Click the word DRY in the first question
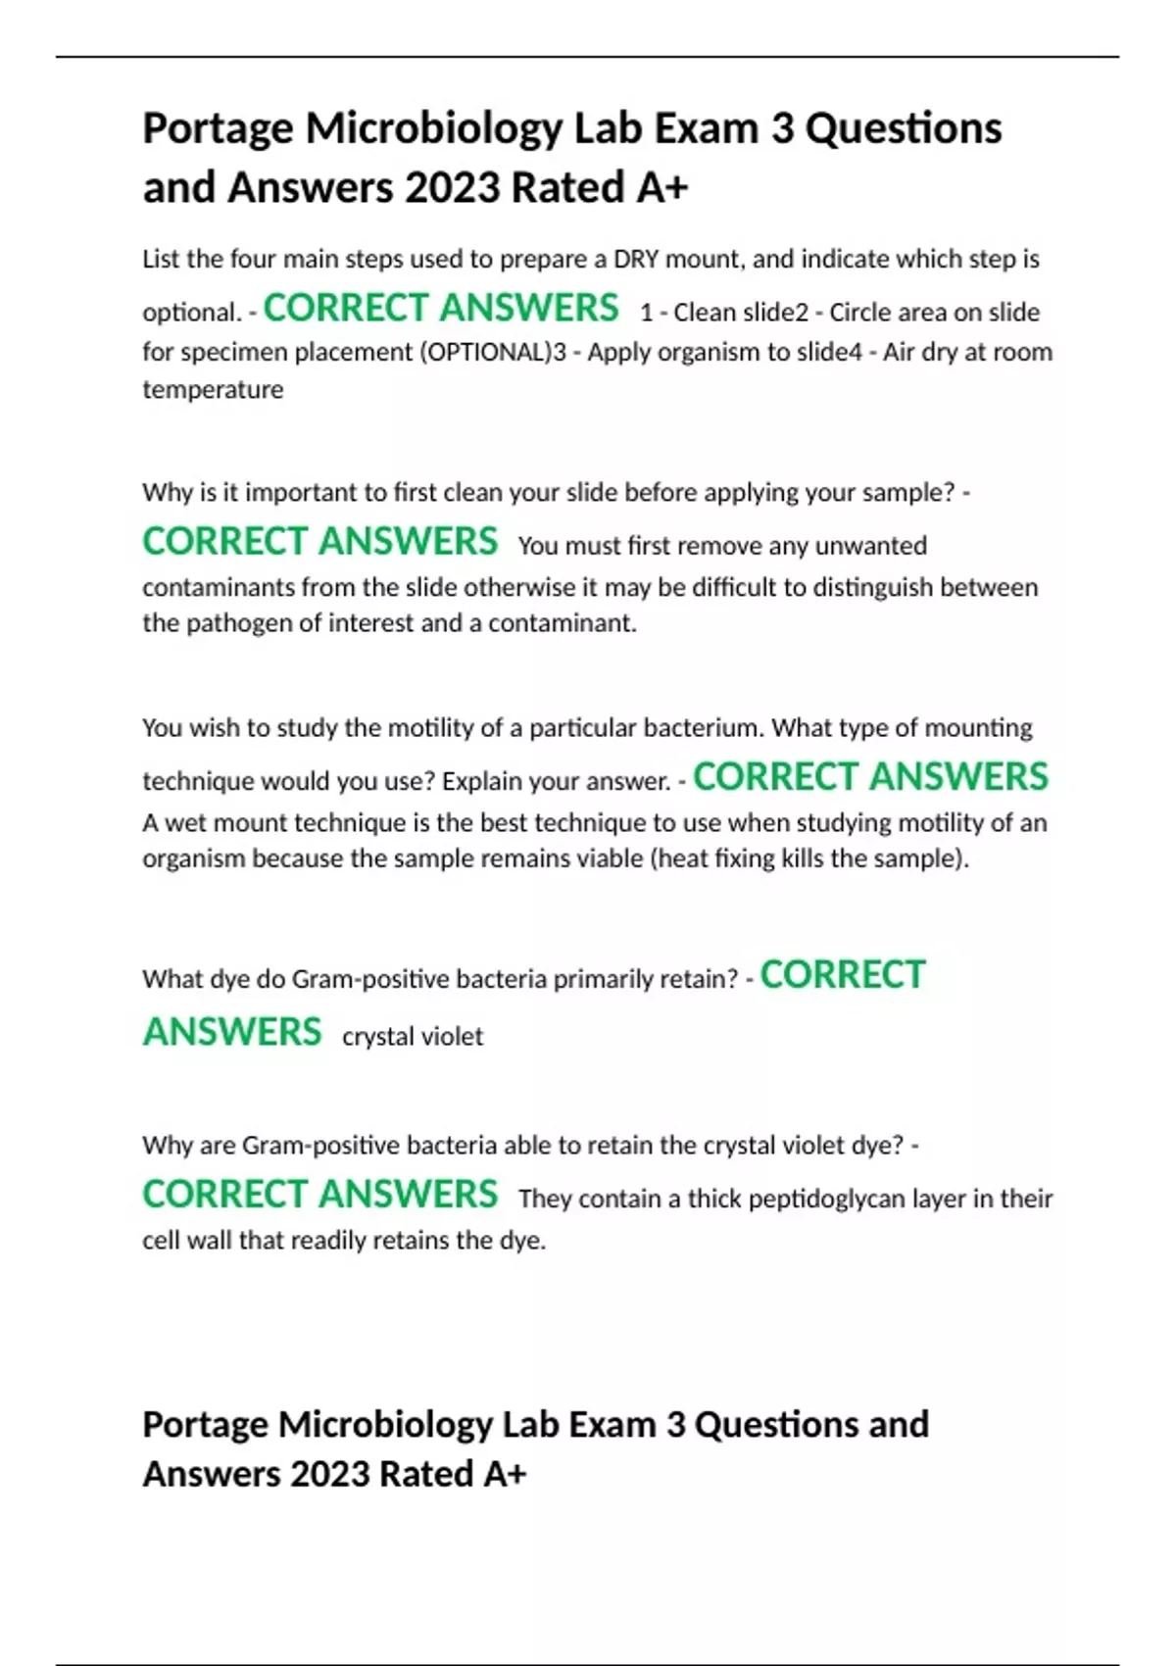click(636, 260)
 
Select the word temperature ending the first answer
click(213, 390)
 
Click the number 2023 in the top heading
click(452, 187)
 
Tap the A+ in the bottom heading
click(505, 1474)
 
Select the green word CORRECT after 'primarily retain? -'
click(843, 975)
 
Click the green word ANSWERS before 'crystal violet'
click(232, 1032)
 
